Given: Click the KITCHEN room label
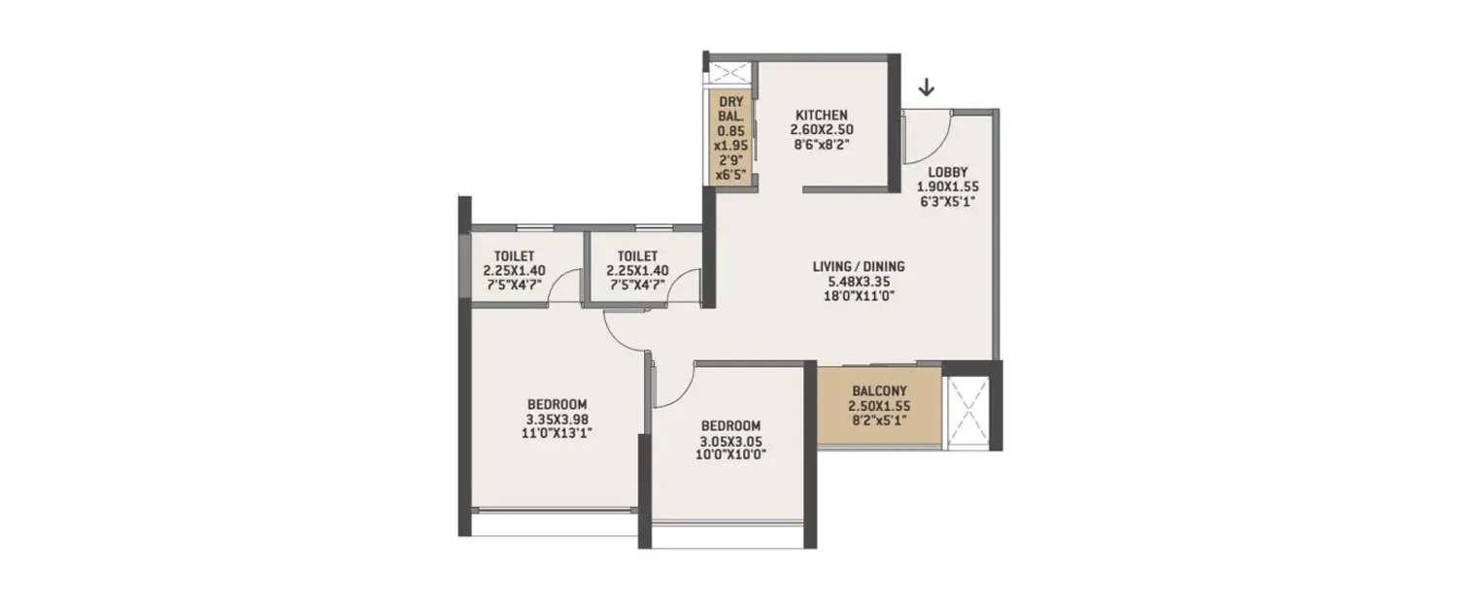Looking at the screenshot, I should click(x=821, y=115).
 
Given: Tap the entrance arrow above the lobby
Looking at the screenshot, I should click(x=927, y=88).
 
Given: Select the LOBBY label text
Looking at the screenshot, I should click(x=948, y=172).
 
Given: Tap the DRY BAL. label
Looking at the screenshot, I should click(x=730, y=108).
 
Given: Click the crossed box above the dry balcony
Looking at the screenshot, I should click(x=728, y=74).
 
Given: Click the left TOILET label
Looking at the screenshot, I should click(x=514, y=256).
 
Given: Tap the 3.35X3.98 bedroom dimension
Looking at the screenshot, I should click(x=558, y=420).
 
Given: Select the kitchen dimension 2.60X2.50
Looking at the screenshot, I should click(x=821, y=129).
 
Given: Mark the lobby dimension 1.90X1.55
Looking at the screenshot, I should click(x=948, y=186).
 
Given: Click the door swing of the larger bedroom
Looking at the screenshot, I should click(x=625, y=331).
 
